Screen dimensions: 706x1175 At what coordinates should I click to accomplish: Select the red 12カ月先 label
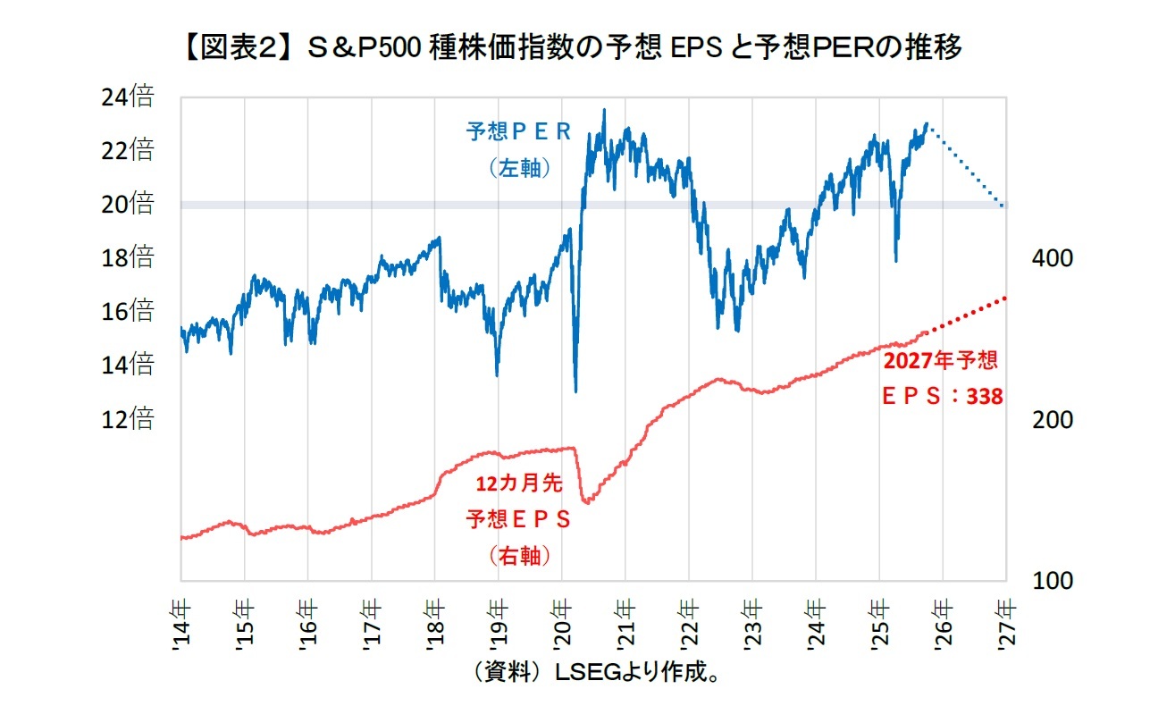(518, 483)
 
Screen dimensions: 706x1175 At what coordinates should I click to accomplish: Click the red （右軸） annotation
(519, 556)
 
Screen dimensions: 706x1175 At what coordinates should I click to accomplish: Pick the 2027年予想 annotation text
(941, 361)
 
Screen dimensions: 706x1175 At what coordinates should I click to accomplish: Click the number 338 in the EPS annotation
(985, 396)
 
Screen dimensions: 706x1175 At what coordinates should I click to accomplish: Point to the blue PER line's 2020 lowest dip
(575, 391)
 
